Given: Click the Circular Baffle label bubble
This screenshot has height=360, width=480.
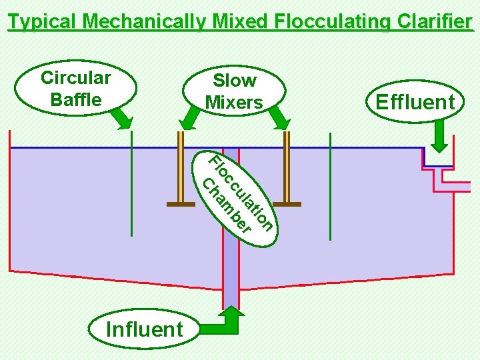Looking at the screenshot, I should [x=75, y=88].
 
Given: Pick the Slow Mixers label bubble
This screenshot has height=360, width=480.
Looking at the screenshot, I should [x=234, y=91].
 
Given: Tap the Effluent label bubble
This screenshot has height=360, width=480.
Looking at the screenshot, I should [x=415, y=102].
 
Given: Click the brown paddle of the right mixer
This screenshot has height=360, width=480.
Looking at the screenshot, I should [x=286, y=204].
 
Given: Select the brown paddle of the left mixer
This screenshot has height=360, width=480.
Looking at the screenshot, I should [x=181, y=204].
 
